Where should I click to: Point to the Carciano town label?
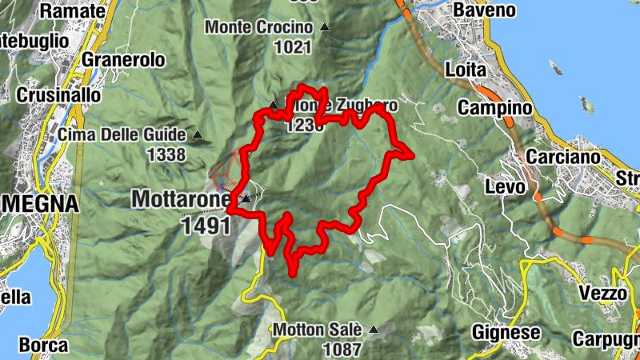click(564, 157)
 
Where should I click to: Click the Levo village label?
click(506, 186)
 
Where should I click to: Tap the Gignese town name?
click(502, 331)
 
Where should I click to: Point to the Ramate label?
click(72, 10)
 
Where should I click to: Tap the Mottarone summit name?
click(182, 198)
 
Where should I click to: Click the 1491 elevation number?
click(206, 226)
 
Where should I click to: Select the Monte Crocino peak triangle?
click(325, 27)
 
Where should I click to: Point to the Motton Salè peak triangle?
click(372, 328)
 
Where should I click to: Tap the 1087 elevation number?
click(342, 349)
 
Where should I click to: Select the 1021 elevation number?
click(291, 47)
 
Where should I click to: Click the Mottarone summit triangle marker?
click(246, 198)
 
